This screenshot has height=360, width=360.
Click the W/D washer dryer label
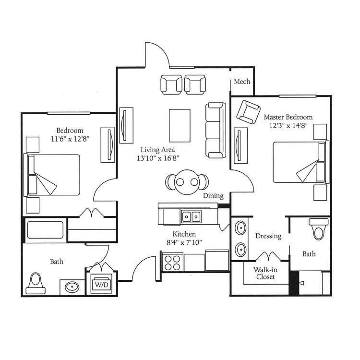(x=101, y=285)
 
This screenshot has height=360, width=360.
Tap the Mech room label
(x=242, y=82)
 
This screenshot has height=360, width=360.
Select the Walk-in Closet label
(x=265, y=273)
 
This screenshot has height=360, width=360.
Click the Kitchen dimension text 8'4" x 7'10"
(x=184, y=242)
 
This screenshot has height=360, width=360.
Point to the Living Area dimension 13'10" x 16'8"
(x=158, y=158)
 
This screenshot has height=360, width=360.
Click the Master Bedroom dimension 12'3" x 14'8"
(x=288, y=125)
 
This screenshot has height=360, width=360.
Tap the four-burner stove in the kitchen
(x=173, y=263)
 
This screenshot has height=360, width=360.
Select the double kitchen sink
(x=191, y=216)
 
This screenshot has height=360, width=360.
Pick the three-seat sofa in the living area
(x=216, y=130)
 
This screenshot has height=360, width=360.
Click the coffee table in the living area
(x=180, y=126)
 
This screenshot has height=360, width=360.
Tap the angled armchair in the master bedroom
(x=249, y=112)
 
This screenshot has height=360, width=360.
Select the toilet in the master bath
(x=318, y=229)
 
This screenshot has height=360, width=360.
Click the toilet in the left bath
(x=36, y=284)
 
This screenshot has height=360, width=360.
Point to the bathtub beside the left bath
(x=45, y=230)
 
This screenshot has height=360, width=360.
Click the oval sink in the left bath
(x=72, y=287)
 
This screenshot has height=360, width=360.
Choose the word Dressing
(x=268, y=236)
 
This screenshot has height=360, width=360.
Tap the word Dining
(x=213, y=196)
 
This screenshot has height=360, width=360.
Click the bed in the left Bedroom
(x=52, y=175)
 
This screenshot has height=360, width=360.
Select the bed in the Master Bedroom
(x=301, y=162)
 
